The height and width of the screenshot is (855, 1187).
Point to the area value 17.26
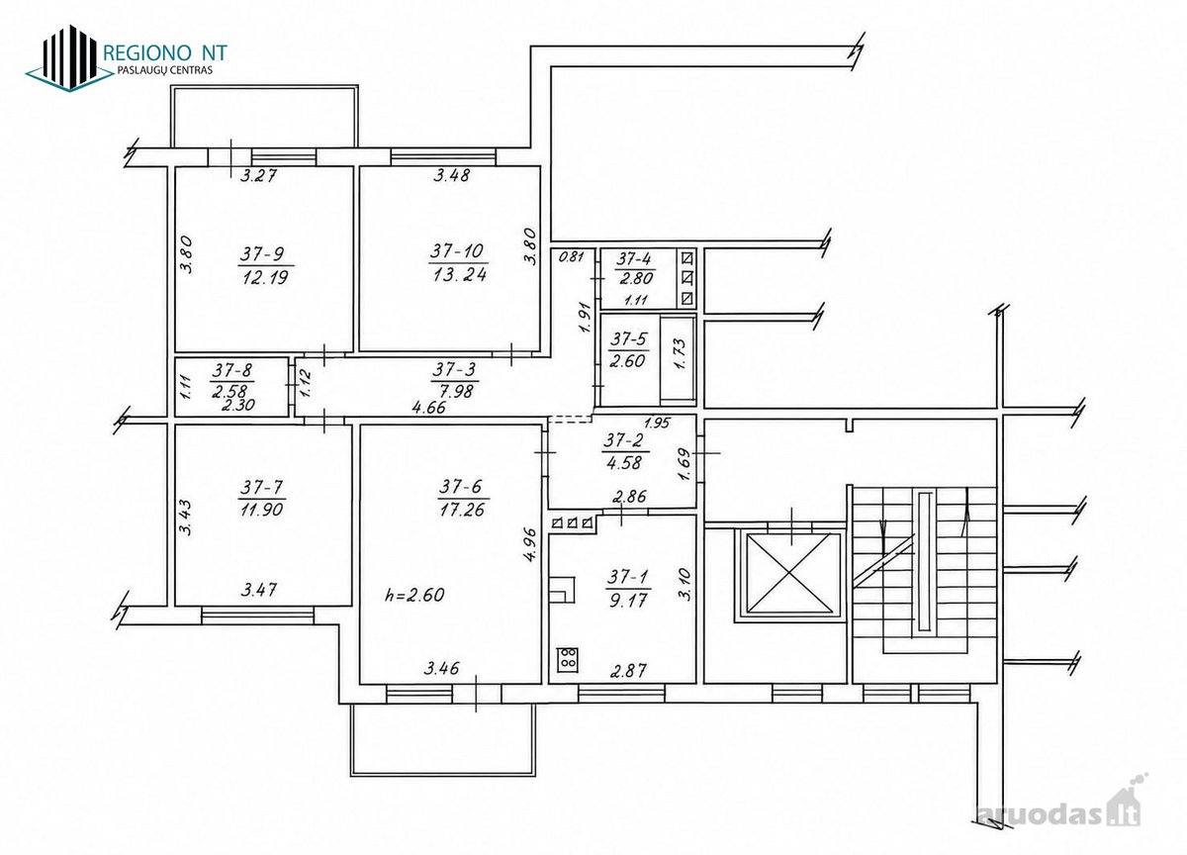[x=462, y=510]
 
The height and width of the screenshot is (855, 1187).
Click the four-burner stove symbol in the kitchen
[x=568, y=659]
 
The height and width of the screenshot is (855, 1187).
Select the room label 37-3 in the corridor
[x=454, y=368]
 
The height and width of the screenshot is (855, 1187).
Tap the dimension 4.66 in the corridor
[x=429, y=407]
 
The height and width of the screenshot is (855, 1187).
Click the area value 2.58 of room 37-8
[x=229, y=391]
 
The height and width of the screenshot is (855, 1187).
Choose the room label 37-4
[x=635, y=259]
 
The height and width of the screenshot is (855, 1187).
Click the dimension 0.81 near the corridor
[x=572, y=257]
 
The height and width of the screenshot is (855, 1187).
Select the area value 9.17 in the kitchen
[x=627, y=601]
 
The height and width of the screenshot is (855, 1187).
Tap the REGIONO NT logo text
[x=165, y=52]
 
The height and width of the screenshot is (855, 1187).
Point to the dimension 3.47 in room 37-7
[x=258, y=590]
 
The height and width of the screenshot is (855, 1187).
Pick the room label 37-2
[x=624, y=440]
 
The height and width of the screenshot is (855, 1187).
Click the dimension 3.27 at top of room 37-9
[x=258, y=175]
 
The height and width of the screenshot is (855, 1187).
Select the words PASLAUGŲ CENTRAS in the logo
[x=165, y=70]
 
